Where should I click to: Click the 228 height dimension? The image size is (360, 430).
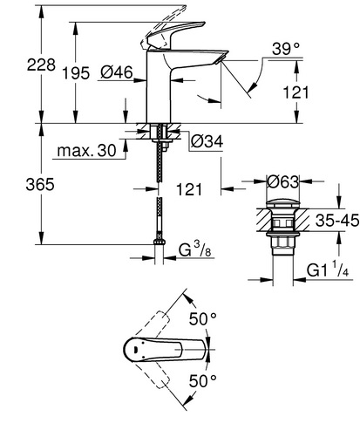pyautogui.click(x=41, y=65)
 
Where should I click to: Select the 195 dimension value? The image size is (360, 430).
pyautogui.click(x=77, y=72)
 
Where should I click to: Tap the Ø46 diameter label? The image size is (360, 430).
pyautogui.click(x=117, y=72)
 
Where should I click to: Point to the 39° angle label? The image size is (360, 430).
pyautogui.click(x=286, y=49)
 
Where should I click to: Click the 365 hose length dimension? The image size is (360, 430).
pyautogui.click(x=40, y=184)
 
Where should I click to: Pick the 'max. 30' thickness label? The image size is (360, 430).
pyautogui.click(x=86, y=151)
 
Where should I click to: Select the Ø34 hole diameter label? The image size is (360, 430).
pyautogui.click(x=207, y=141)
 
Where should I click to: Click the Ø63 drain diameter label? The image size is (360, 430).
pyautogui.click(x=283, y=182)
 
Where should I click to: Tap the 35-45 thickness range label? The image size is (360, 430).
pyautogui.click(x=337, y=221)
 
